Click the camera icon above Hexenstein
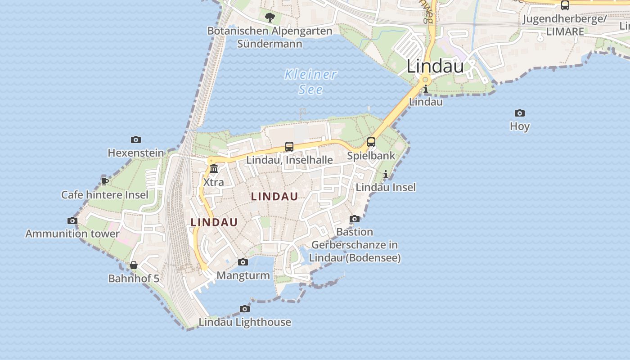[136, 140]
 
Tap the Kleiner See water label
[310, 82]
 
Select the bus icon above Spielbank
[371, 142]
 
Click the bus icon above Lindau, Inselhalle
[289, 147]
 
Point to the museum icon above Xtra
[214, 169]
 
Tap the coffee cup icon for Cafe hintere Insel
[105, 181]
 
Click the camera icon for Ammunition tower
[72, 220]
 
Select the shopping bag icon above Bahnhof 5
[134, 265]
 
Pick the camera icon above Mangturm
[243, 262]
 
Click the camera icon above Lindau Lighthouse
[245, 309]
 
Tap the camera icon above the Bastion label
[355, 219]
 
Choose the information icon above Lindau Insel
[386, 175]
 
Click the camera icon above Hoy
[520, 113]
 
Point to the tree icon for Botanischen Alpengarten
[270, 18]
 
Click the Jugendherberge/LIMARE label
[565, 25]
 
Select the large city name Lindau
[435, 66]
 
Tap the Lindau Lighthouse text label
[245, 322]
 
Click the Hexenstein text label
[136, 153]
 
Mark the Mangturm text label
[243, 275]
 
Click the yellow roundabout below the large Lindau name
[425, 80]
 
